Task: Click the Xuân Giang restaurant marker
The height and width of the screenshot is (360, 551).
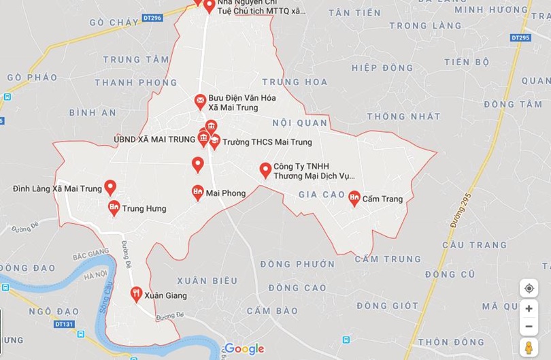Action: click(136, 294)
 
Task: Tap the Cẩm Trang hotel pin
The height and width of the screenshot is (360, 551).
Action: click(354, 198)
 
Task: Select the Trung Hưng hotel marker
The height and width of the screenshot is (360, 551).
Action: click(114, 208)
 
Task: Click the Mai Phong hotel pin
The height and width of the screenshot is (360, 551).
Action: click(197, 193)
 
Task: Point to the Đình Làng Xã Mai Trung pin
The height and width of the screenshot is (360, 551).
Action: click(110, 187)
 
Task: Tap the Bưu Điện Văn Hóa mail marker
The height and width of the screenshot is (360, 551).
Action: click(200, 101)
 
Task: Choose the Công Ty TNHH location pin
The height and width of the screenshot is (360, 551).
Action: click(265, 170)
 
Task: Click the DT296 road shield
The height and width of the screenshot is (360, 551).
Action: click(153, 18)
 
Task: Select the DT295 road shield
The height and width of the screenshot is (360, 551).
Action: click(520, 37)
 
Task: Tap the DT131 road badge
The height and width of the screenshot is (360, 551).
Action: click(64, 324)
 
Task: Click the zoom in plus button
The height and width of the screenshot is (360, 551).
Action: click(529, 308)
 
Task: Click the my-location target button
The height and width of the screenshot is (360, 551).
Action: click(529, 289)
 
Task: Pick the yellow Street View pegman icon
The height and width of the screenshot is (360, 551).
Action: click(529, 348)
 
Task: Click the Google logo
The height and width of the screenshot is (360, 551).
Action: click(244, 349)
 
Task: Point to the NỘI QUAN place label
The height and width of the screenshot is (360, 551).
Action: click(300, 123)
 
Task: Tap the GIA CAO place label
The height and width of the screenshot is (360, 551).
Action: click(322, 195)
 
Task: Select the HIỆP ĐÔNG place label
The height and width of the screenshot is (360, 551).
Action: click(382, 68)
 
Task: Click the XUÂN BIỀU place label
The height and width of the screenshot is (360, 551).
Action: click(207, 280)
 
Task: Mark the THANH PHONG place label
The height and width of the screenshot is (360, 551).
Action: click(136, 83)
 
